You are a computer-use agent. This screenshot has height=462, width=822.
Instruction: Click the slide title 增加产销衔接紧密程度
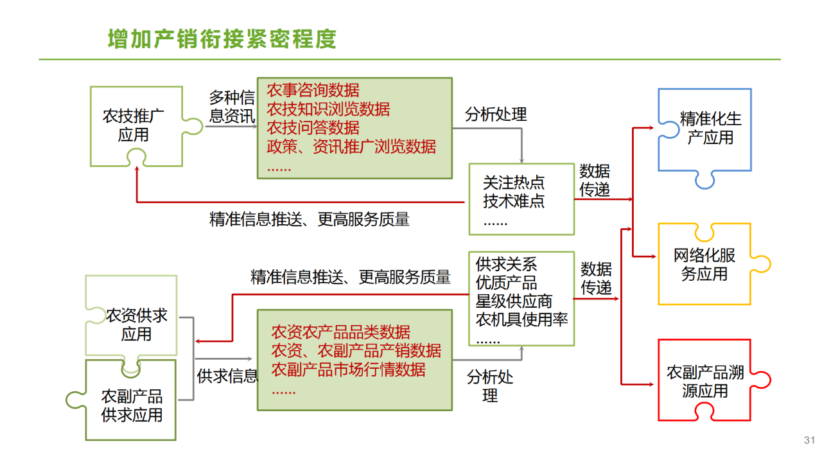point(222,39)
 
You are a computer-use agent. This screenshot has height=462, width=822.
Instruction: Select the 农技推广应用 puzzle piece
point(134,125)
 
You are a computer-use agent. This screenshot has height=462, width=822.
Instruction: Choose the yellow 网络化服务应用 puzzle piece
point(704,265)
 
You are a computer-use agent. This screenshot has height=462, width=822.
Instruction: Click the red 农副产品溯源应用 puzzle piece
point(704,382)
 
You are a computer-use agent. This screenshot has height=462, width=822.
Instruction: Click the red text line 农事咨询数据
point(313,91)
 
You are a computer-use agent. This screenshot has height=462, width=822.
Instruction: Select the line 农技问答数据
point(313,128)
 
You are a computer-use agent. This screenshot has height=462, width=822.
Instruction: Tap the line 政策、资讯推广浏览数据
point(351,147)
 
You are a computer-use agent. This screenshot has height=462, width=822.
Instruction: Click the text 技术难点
point(514,201)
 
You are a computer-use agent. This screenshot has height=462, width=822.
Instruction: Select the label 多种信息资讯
point(232,107)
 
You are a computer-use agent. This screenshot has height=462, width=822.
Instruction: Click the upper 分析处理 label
point(496,114)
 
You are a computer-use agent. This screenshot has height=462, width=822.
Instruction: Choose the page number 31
point(809,440)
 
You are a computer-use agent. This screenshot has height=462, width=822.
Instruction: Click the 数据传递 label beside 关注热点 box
point(595,181)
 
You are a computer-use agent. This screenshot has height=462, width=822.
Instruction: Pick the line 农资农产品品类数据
point(340,332)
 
